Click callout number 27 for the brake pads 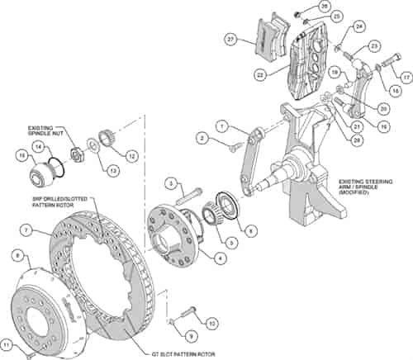(230, 39)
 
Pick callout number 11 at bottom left (9, 343)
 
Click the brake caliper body (305, 58)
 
